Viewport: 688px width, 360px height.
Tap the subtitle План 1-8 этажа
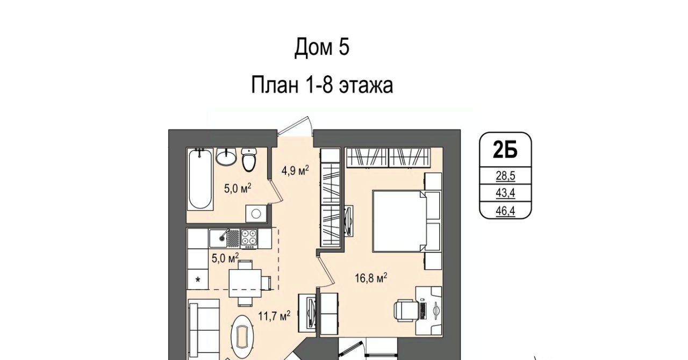pos(322,85)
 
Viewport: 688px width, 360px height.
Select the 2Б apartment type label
pos(505,150)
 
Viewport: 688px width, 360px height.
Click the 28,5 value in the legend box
pos(505,176)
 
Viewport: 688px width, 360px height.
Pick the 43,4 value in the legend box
pos(505,193)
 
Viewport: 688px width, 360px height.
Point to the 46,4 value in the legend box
pos(505,211)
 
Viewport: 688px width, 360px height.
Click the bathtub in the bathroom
pos(200,179)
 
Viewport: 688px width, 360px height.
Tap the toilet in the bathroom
pos(249,160)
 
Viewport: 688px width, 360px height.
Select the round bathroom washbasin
pos(226,156)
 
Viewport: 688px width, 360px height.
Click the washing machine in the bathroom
pos(256,213)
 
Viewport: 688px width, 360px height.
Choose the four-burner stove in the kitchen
pos(249,239)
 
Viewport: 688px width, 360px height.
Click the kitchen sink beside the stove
pos(218,238)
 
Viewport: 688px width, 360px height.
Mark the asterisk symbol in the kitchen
pos(198,280)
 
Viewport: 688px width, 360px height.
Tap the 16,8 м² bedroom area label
pos(371,278)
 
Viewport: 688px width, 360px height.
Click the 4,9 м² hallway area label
pos(295,170)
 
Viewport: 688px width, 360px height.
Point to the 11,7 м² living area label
pos(274,316)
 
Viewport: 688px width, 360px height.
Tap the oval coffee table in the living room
pos(242,336)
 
